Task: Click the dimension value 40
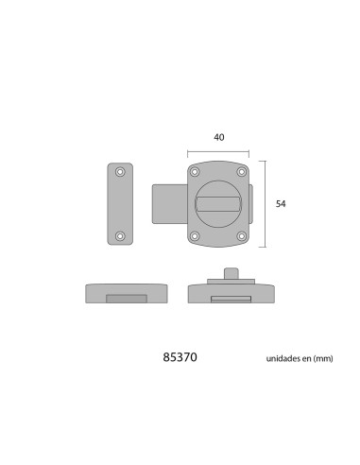[x=219, y=137]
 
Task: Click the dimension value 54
[x=281, y=204]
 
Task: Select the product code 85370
[x=180, y=357]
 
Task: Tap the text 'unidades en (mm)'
[x=300, y=358]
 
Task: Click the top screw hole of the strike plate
[x=120, y=172]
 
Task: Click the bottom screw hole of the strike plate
[x=120, y=236]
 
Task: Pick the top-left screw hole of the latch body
[x=195, y=172]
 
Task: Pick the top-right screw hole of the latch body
[x=242, y=172]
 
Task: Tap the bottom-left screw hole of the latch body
[x=195, y=236]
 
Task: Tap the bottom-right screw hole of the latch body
[x=242, y=236]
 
